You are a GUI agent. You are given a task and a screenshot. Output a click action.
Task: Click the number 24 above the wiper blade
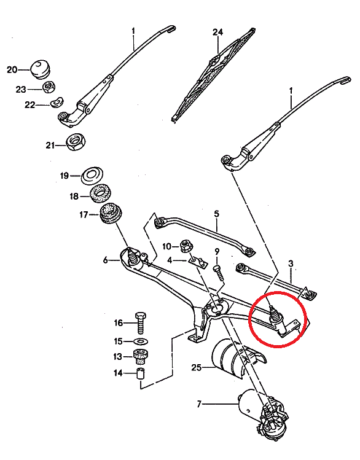point(216,32)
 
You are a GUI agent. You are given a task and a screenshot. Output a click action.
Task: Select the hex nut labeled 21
point(76,144)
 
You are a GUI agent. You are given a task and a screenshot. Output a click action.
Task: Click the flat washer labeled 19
point(93,176)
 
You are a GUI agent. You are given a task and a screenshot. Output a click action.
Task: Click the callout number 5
point(216,214)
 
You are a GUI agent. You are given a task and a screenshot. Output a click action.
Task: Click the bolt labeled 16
point(140,322)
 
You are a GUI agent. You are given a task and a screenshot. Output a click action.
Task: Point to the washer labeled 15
point(139,341)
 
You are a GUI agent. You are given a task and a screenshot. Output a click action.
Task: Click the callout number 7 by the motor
point(199,404)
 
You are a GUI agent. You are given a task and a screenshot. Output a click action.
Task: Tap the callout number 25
point(197,368)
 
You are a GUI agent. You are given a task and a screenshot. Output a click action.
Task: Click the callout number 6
point(106,260)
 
